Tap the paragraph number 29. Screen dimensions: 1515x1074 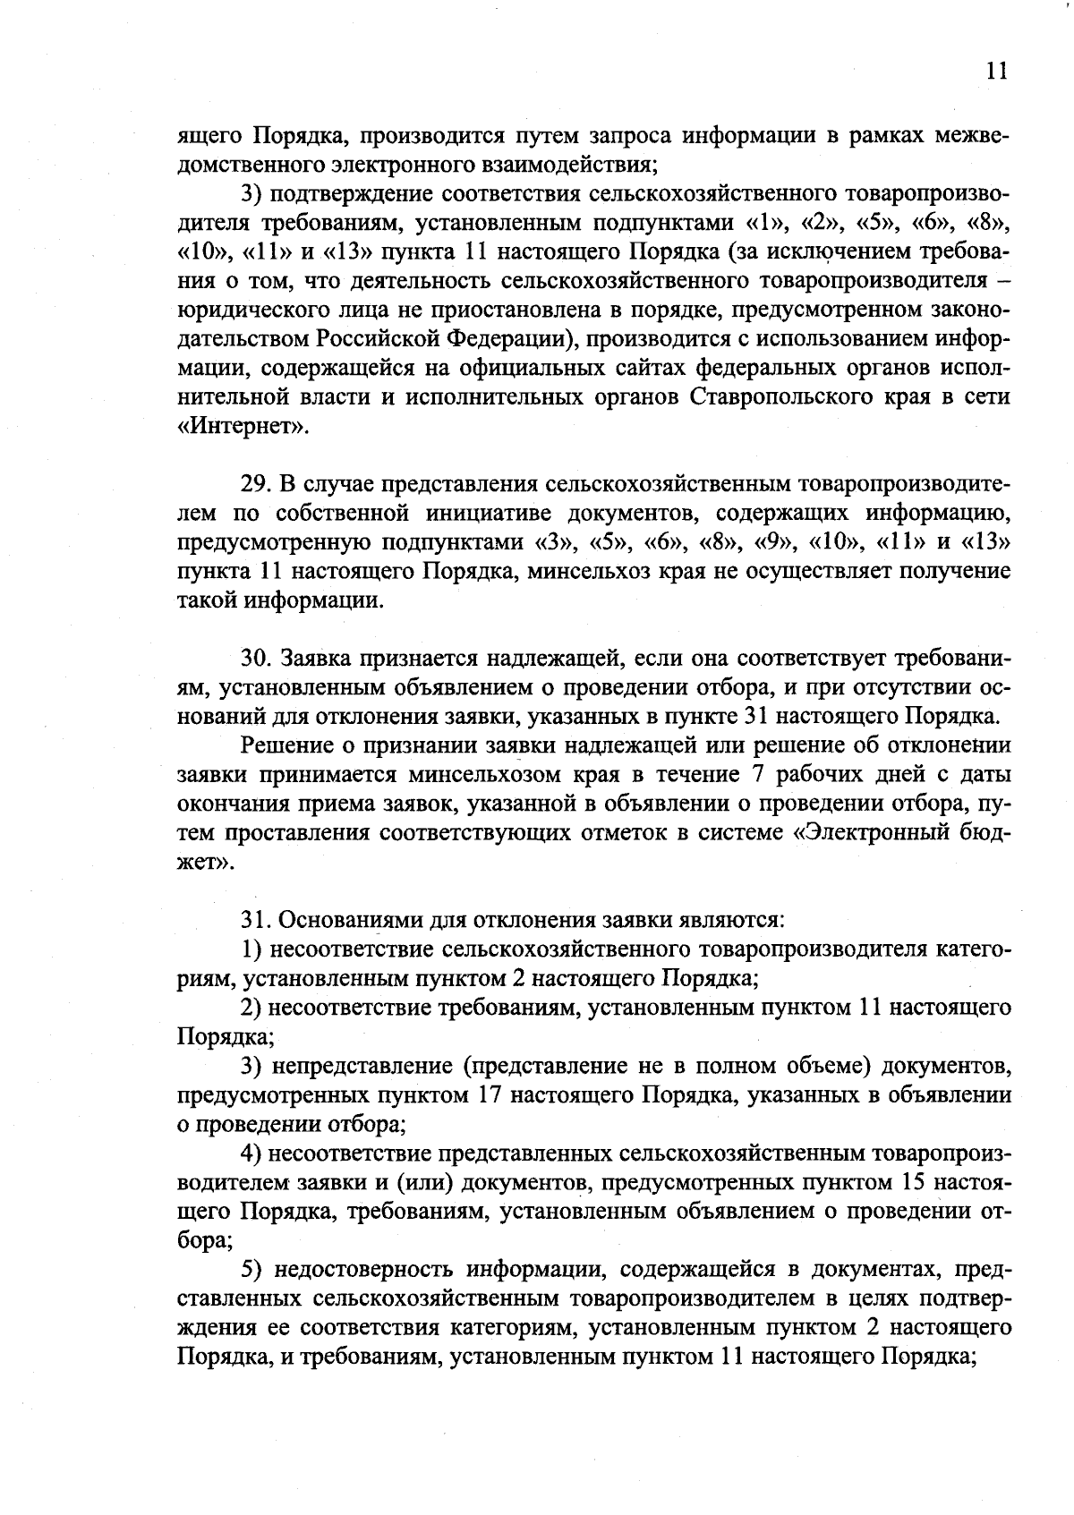click(254, 484)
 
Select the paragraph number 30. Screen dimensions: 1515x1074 click(255, 659)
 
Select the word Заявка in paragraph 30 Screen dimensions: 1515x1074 click(317, 659)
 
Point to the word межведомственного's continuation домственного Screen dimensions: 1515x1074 click(241, 165)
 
